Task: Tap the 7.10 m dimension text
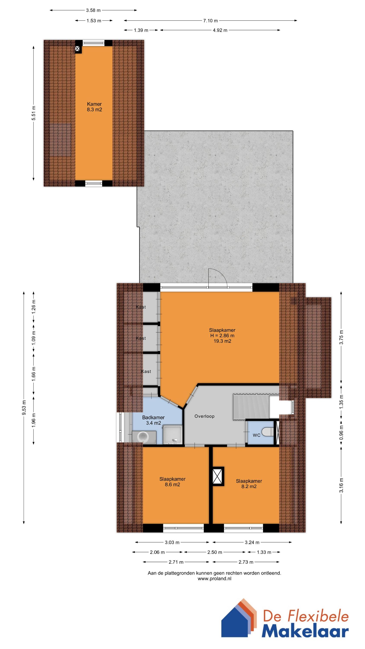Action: pos(210,21)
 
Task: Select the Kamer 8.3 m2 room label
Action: pos(94,107)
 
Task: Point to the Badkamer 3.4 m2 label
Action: pos(153,420)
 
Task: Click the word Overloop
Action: pos(204,416)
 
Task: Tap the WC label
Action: pos(256,435)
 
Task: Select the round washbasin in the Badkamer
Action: pos(143,437)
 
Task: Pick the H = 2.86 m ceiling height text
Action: pos(222,336)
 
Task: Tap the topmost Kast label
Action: pos(141,307)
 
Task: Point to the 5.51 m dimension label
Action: pos(34,113)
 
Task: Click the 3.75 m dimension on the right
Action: pos(341,337)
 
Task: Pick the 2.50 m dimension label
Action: pos(215,552)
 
